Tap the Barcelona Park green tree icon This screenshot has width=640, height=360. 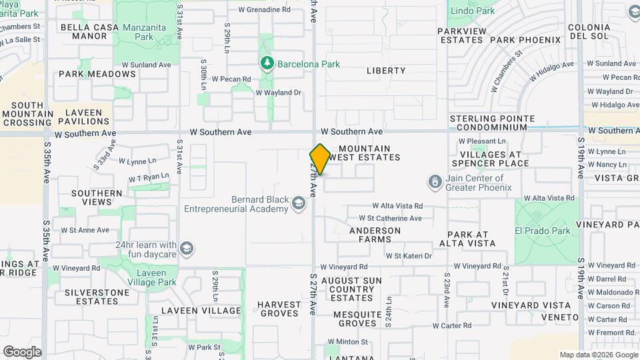point(267,63)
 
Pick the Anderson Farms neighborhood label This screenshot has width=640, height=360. point(375,231)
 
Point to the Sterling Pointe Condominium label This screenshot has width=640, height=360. point(492,123)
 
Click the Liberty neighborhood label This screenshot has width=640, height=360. point(385,71)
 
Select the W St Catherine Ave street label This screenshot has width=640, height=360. point(390,218)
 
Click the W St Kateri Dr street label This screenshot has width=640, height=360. point(409,255)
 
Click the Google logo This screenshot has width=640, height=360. point(22,351)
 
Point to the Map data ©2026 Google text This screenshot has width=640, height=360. point(597,355)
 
